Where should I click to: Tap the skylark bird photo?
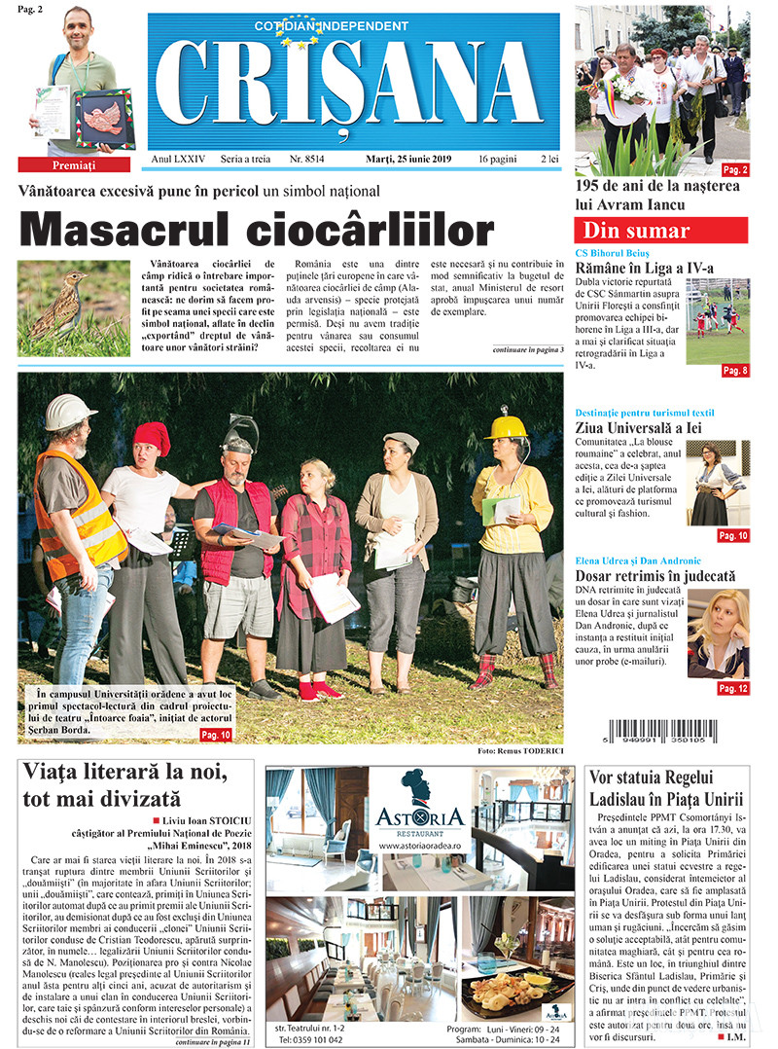coord(73,307)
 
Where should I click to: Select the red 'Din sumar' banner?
coord(660,231)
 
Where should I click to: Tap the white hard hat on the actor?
coord(70,412)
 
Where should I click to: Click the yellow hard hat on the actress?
coord(506,426)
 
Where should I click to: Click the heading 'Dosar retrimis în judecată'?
coord(655,576)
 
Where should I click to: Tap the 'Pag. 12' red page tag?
coord(732,688)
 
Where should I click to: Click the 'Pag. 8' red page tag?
coord(734,371)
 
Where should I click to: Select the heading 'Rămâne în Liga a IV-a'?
coord(644,268)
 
